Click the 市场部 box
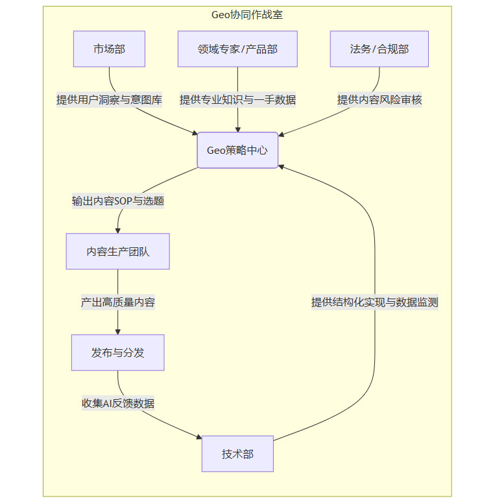pos(109,49)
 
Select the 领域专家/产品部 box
pos(237,49)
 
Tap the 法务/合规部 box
pos(379,49)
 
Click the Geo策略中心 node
pos(237,151)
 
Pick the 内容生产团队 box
pos(117,251)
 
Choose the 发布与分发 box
pos(117,352)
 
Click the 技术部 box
pos(237,454)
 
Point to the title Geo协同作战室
pos(247,15)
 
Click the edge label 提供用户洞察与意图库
pos(109,100)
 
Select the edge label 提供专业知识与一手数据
pos(237,100)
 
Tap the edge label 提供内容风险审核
pos(379,100)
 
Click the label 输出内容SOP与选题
pos(118,201)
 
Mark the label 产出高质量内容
pos(117,302)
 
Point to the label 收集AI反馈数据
pos(117,403)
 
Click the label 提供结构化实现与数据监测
pos(375,302)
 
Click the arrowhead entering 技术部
pos(198,439)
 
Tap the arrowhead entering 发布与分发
pos(117,331)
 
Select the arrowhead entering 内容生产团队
pos(118,230)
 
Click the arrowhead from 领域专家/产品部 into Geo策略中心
pos(237,129)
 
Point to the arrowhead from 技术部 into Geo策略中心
pos(281,166)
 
